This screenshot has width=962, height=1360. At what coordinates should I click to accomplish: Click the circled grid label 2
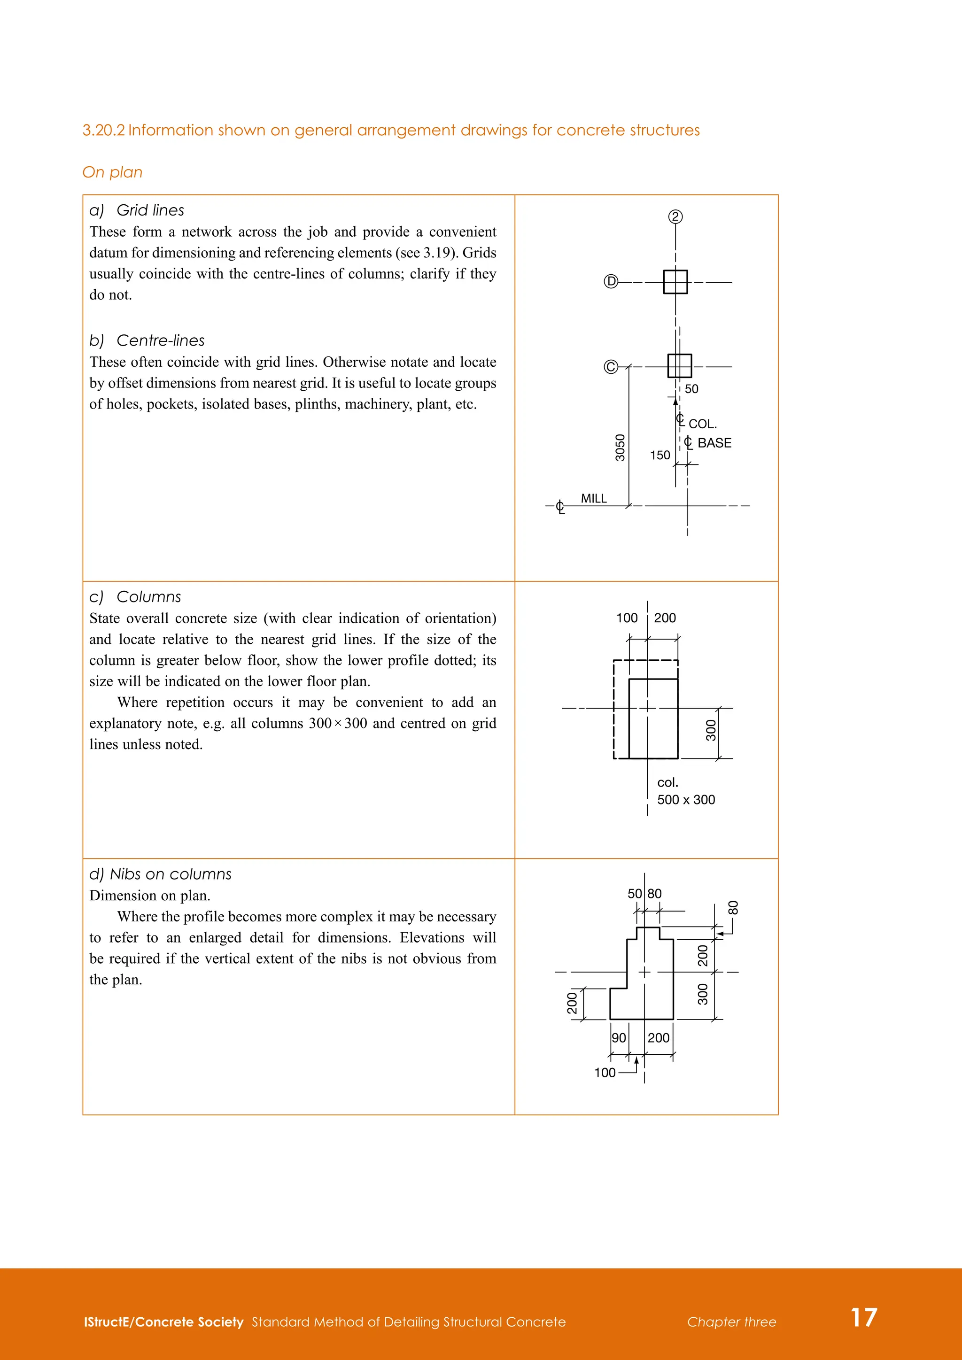[675, 217]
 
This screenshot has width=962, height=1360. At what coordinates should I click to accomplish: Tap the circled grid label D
[611, 281]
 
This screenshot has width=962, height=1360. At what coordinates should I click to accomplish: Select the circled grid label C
[611, 367]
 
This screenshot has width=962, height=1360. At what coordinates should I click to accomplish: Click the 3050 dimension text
[620, 447]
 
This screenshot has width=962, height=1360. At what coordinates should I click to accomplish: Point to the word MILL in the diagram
[594, 499]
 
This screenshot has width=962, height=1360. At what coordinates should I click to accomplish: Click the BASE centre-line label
[714, 443]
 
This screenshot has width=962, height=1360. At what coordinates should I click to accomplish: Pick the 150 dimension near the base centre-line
[660, 455]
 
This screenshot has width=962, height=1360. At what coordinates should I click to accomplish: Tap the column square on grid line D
[675, 282]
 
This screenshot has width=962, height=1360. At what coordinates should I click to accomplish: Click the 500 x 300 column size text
[686, 800]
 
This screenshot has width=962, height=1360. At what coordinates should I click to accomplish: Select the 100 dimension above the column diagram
[627, 618]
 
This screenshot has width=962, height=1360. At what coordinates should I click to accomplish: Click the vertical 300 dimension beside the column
[711, 730]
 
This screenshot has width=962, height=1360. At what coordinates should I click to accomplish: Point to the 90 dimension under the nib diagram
[619, 1038]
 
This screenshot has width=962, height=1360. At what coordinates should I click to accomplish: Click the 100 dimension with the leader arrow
[605, 1073]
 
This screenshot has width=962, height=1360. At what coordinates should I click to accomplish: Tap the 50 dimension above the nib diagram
[635, 893]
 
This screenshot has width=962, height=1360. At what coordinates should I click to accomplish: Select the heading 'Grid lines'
[150, 210]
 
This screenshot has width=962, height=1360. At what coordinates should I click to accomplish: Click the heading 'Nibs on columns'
[170, 874]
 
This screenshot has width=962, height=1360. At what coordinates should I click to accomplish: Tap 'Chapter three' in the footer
[731, 1322]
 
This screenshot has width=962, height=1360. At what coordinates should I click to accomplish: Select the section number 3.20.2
[104, 130]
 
